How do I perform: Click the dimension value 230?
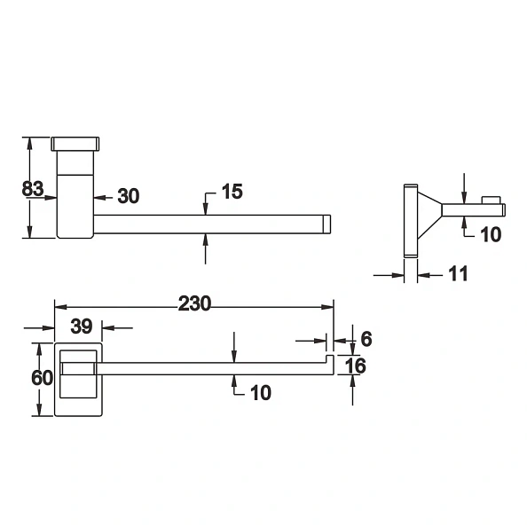click(x=194, y=303)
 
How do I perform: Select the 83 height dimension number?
click(x=34, y=188)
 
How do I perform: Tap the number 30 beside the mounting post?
click(x=129, y=196)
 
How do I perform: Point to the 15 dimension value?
click(x=231, y=192)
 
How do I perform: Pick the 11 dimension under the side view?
click(x=458, y=274)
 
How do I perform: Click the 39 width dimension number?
click(x=81, y=326)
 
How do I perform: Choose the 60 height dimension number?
click(x=42, y=377)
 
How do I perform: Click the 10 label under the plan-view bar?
click(x=259, y=391)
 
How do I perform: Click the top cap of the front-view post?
click(x=77, y=143)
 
